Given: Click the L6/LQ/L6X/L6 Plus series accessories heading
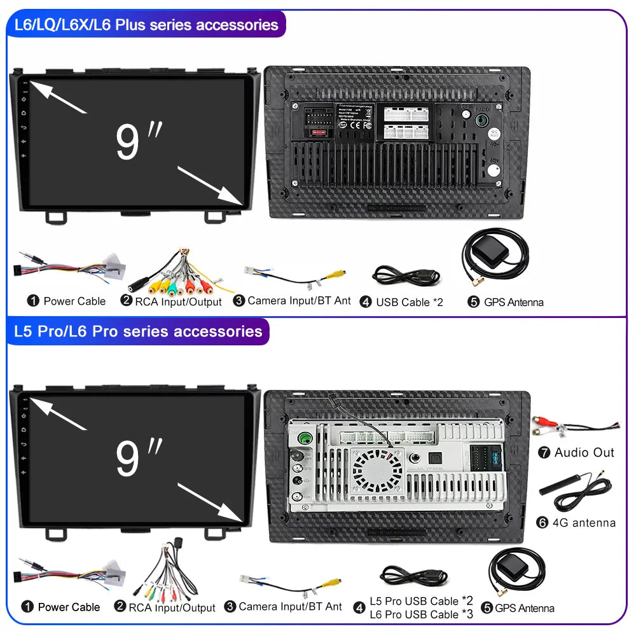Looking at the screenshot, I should [146, 25].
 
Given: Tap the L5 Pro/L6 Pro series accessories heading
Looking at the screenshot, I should [137, 331].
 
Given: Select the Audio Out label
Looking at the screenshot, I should [584, 452].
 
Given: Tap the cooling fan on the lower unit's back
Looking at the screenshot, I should [378, 469].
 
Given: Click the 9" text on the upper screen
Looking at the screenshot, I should [139, 141].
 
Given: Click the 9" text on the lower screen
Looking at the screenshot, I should [139, 458].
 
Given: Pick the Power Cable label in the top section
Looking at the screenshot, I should [74, 301].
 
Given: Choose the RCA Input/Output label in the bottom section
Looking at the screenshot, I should [172, 608].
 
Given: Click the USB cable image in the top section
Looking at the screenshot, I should [406, 275].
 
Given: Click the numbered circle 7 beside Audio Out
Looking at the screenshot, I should [543, 452].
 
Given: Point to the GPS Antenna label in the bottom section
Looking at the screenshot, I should [524, 608].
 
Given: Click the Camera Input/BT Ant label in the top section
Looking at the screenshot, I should [299, 300].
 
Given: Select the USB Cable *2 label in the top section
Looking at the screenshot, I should [408, 302].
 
